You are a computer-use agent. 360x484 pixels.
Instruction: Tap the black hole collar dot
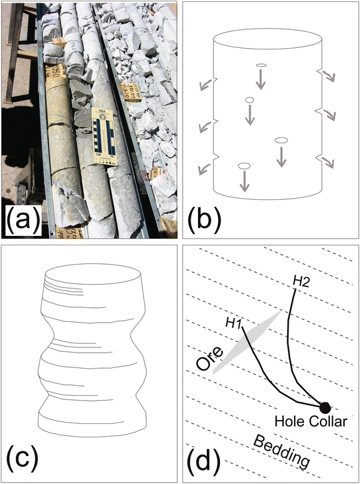click(325, 407)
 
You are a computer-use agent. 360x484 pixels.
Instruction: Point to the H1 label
click(233, 324)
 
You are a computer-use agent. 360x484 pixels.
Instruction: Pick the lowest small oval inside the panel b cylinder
click(243, 165)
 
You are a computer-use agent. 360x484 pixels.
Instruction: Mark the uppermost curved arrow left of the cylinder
click(205, 83)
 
